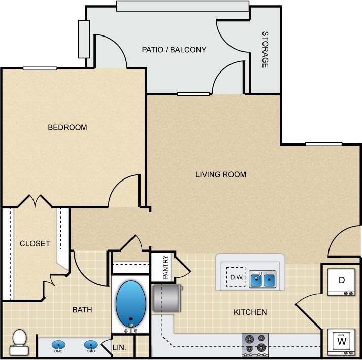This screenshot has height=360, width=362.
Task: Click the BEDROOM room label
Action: (67, 127)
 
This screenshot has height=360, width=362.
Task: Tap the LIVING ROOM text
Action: (221, 174)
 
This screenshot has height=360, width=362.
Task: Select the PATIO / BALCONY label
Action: (174, 50)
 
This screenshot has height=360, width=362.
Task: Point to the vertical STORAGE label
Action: (265, 50)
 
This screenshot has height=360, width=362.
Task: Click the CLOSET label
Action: (35, 243)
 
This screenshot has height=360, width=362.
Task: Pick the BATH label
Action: (82, 309)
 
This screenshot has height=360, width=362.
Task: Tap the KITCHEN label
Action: (250, 312)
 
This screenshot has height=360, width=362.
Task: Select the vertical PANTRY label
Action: (166, 267)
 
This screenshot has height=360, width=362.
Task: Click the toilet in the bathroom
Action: (19, 342)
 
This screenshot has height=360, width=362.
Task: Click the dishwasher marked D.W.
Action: (235, 277)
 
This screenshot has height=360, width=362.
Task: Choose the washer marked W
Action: (341, 343)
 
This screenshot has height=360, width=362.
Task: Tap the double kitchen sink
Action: (262, 279)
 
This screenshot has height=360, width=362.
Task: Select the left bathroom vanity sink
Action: (58, 346)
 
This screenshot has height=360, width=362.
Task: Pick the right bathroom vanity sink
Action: (90, 346)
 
